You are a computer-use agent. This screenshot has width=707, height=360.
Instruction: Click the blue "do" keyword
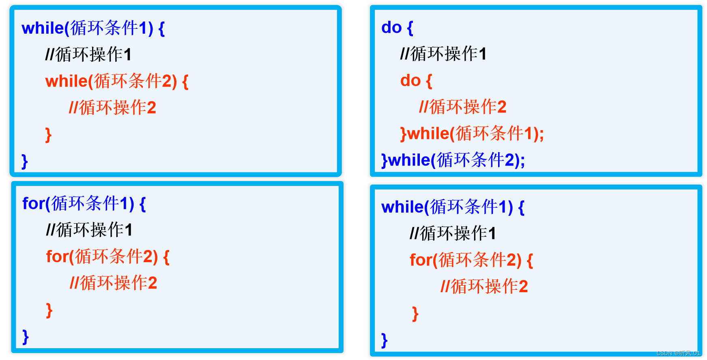391,28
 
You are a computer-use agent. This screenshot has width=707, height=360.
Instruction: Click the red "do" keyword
410,81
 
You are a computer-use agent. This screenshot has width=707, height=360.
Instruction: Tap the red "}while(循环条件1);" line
472,134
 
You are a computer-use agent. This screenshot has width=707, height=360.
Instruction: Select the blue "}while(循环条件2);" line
453,160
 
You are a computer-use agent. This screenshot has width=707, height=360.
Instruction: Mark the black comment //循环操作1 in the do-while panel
443,54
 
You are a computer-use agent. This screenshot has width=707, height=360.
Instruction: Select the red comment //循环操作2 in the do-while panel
462,107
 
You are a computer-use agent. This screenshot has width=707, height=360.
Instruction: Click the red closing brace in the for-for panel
49,310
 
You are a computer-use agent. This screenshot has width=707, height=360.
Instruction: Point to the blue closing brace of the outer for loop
26,337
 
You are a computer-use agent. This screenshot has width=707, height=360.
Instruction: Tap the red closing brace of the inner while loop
48,135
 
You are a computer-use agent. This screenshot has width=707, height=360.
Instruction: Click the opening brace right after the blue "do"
410,28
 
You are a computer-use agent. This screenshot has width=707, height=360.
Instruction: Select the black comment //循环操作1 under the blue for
89,230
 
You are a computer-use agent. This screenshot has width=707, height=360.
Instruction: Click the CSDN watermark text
678,353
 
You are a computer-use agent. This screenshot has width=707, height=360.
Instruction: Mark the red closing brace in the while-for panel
415,314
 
